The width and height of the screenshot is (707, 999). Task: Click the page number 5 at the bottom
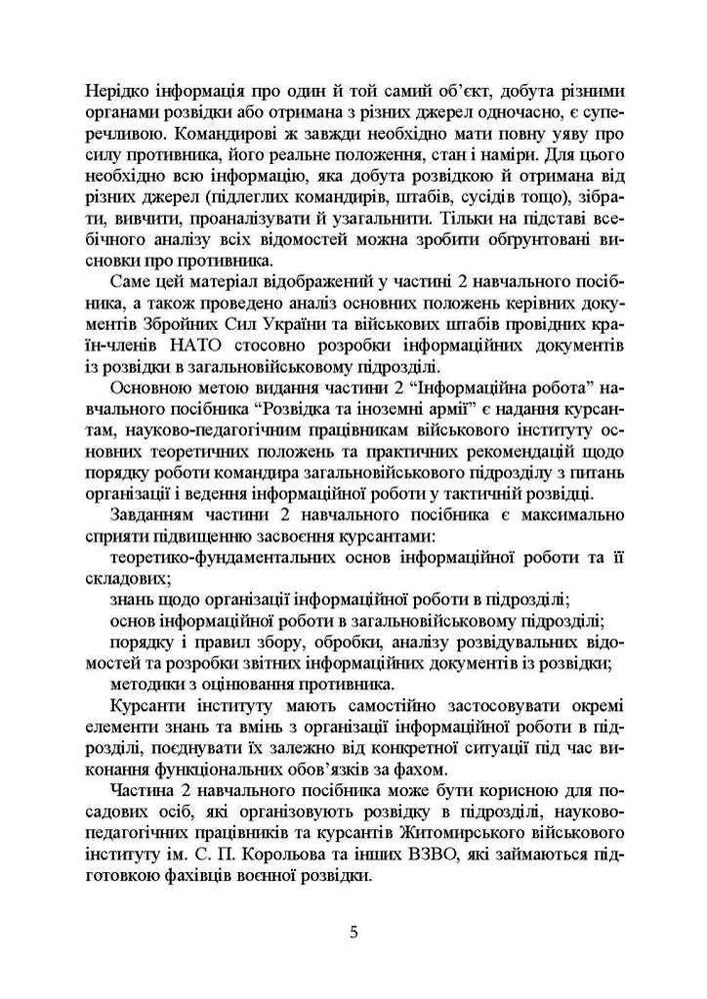(x=353, y=934)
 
